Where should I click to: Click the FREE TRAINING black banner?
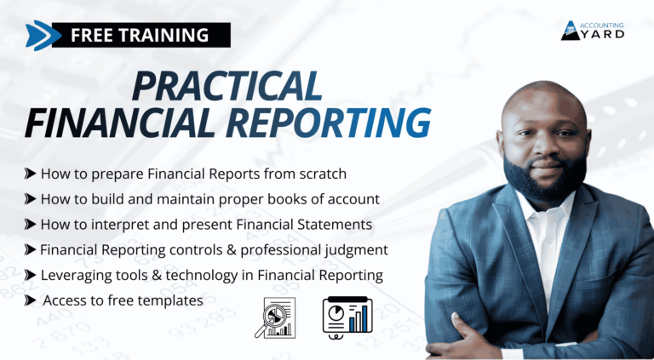tap(141, 35)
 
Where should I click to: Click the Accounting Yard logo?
tap(593, 31)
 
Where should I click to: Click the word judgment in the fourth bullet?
tap(357, 250)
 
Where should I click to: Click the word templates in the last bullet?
tap(176, 300)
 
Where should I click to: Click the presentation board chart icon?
tap(347, 316)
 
